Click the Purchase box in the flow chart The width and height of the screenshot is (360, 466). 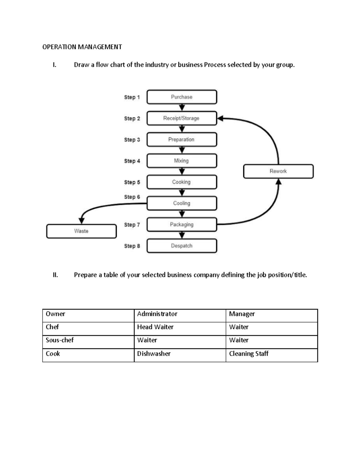click(x=181, y=97)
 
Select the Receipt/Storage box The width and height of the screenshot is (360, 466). click(x=181, y=118)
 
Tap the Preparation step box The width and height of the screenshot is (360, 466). click(x=181, y=140)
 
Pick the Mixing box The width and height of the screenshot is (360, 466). click(x=181, y=161)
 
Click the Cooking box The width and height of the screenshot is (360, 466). click(x=181, y=182)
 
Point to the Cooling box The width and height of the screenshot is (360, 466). click(x=181, y=203)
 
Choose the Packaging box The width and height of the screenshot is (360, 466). click(x=181, y=224)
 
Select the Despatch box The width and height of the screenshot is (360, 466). click(x=181, y=246)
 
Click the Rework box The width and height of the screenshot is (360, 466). click(x=278, y=171)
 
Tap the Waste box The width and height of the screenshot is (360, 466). click(x=81, y=231)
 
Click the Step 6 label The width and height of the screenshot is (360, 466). click(x=132, y=197)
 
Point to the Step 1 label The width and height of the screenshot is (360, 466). click(x=132, y=97)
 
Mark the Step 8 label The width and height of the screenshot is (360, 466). click(x=132, y=246)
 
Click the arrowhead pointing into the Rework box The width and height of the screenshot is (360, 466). click(x=278, y=182)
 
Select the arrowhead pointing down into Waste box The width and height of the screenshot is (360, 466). click(x=82, y=221)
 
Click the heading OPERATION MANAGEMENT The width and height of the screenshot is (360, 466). click(x=82, y=47)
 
